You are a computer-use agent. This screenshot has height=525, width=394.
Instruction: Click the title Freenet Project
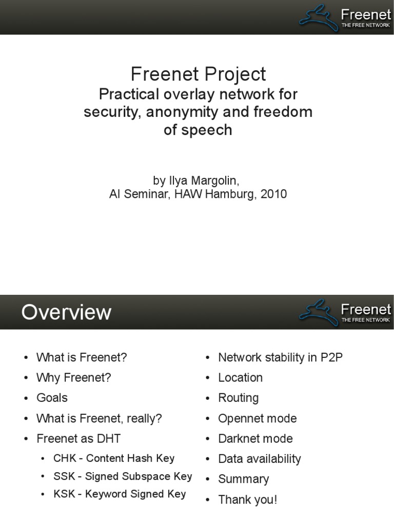[198, 74]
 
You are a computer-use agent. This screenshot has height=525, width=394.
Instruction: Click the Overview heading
[66, 312]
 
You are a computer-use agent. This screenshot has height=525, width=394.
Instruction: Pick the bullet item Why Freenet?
[73, 378]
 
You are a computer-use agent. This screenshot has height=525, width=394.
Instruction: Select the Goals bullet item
[52, 398]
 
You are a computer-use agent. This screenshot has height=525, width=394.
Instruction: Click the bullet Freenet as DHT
[78, 438]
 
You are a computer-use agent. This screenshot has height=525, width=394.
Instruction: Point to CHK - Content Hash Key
[114, 458]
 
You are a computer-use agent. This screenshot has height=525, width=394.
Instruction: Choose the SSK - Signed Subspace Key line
[123, 476]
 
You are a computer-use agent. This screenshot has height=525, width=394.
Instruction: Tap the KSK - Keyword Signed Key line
[120, 494]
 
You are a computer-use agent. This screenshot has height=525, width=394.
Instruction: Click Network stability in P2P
[280, 357]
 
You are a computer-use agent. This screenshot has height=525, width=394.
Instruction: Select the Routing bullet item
[238, 398]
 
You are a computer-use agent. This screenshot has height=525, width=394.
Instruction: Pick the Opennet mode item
[257, 418]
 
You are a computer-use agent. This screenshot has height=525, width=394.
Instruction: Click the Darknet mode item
[255, 438]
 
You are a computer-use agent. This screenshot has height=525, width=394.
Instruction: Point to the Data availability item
[259, 459]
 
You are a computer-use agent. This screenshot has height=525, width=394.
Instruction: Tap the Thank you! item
[247, 499]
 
